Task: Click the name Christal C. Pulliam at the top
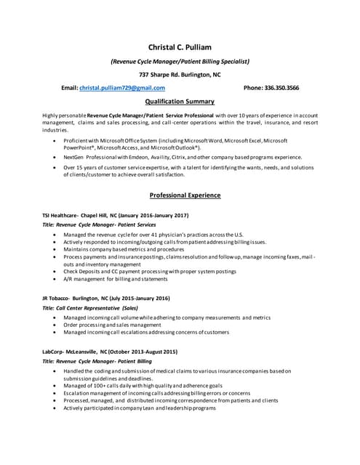pos(180,47)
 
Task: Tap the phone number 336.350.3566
pos(271,88)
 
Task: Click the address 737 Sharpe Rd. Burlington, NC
pos(180,75)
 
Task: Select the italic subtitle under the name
pos(180,62)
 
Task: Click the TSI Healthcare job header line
pos(116,216)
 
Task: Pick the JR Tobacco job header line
pos(107,298)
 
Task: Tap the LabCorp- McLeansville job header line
pos(111,352)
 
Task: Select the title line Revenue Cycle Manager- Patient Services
pos(100,225)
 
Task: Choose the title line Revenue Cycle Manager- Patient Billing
pos(98,361)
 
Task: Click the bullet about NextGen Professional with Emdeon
pos(182,157)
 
